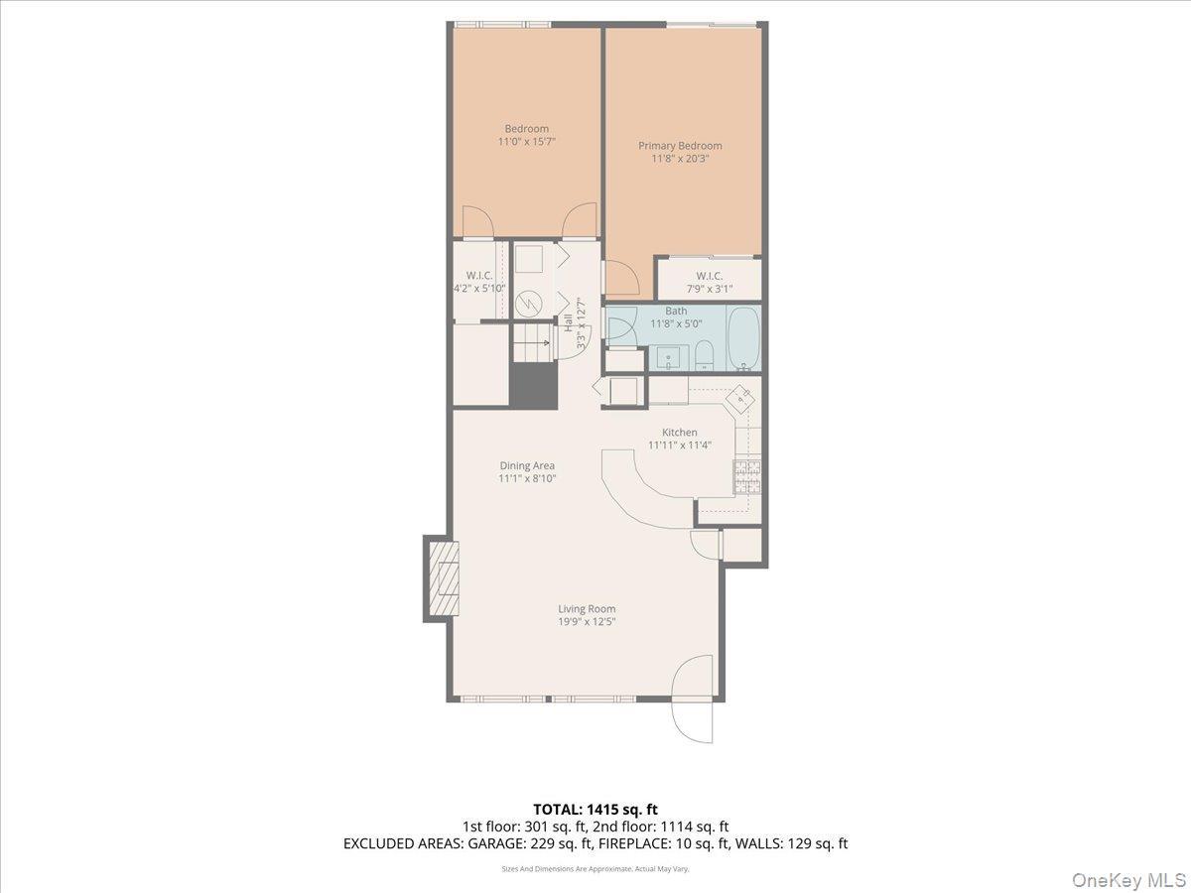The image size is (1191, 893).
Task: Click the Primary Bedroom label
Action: tap(680, 146)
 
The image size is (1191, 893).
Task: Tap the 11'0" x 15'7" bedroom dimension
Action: tap(526, 142)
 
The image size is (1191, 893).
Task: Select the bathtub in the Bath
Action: tap(743, 338)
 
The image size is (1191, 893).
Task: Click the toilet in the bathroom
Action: tap(703, 355)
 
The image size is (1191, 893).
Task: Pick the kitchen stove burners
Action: tap(746, 476)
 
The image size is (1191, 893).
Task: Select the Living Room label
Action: tap(586, 609)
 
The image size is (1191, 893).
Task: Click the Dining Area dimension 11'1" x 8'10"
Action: tap(527, 478)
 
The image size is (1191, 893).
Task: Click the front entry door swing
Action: tap(692, 700)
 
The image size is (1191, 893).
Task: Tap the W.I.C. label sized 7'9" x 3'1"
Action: tap(709, 289)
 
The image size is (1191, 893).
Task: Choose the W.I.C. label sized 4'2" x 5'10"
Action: tap(479, 288)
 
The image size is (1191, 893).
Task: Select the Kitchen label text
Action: tap(680, 432)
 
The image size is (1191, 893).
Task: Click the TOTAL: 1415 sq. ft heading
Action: tap(595, 810)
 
